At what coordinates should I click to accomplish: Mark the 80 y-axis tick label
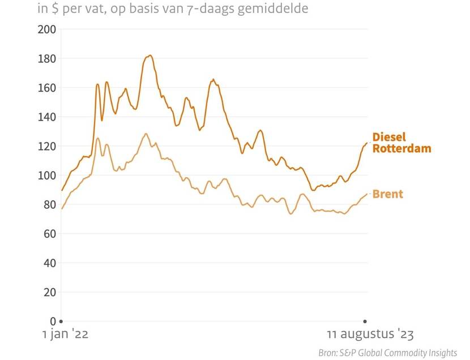click(x=49, y=204)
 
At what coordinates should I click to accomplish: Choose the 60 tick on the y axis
click(x=49, y=234)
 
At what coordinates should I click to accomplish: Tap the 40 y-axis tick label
click(x=49, y=263)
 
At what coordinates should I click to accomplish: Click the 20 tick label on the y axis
click(x=49, y=292)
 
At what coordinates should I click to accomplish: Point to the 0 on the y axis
click(x=53, y=322)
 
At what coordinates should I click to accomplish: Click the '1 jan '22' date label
click(x=65, y=335)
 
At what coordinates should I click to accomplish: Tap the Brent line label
click(x=388, y=194)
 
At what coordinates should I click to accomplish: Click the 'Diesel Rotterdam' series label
click(x=401, y=143)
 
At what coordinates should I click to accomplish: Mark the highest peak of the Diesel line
click(x=149, y=55)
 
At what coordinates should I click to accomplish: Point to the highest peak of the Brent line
click(x=146, y=134)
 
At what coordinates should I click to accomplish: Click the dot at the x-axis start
click(x=61, y=322)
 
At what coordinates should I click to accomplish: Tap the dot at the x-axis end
click(x=365, y=322)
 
